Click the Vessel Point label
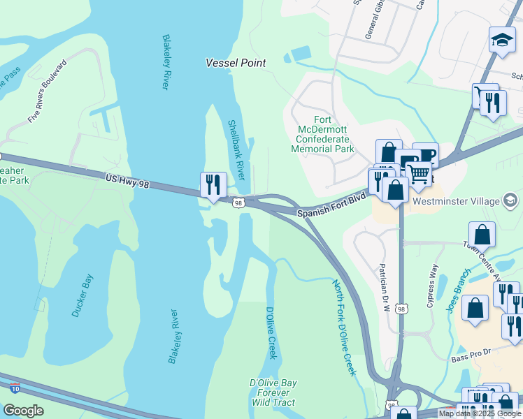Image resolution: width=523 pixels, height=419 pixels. point(236,63)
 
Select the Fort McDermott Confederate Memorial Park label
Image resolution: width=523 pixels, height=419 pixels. point(323,134)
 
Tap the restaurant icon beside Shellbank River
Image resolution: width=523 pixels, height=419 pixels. point(213,185)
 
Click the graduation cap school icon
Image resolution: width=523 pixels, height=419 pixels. point(502,41)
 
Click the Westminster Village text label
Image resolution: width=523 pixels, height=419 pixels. point(456,202)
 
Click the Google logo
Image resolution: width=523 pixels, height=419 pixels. point(23,411)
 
